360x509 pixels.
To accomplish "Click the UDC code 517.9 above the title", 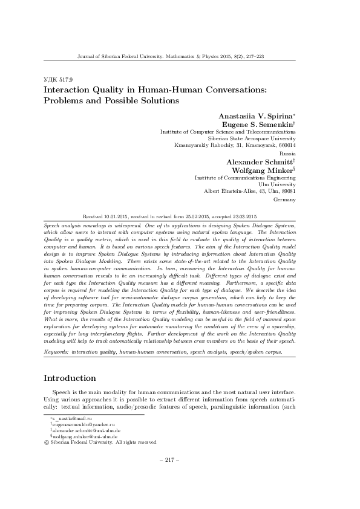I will (57, 79).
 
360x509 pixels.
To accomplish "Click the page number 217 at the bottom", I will (167, 460).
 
